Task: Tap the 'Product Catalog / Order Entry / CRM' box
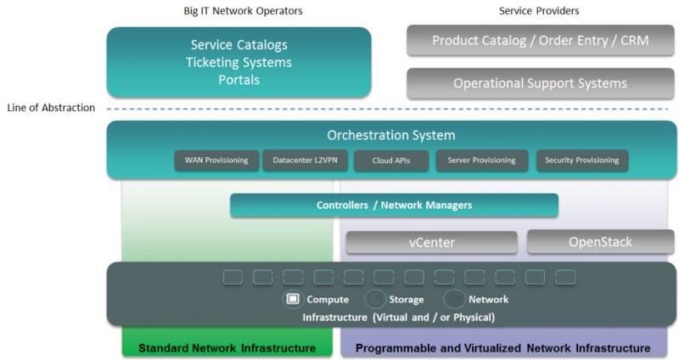(x=541, y=41)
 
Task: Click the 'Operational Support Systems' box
(x=541, y=83)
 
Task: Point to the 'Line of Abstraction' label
(x=51, y=108)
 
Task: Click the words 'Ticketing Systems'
(x=238, y=63)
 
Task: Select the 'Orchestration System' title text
(x=391, y=135)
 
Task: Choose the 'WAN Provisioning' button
(x=216, y=160)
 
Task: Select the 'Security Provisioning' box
(x=582, y=160)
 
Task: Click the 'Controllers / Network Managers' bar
(x=394, y=205)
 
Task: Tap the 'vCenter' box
(x=431, y=243)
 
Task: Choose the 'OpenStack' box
(x=600, y=242)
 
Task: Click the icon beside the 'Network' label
(x=454, y=299)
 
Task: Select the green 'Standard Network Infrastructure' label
(x=227, y=348)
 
